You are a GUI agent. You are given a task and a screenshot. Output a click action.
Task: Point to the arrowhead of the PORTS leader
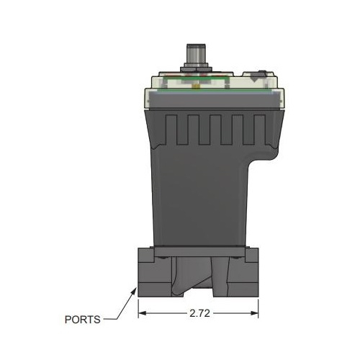point(136,289)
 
